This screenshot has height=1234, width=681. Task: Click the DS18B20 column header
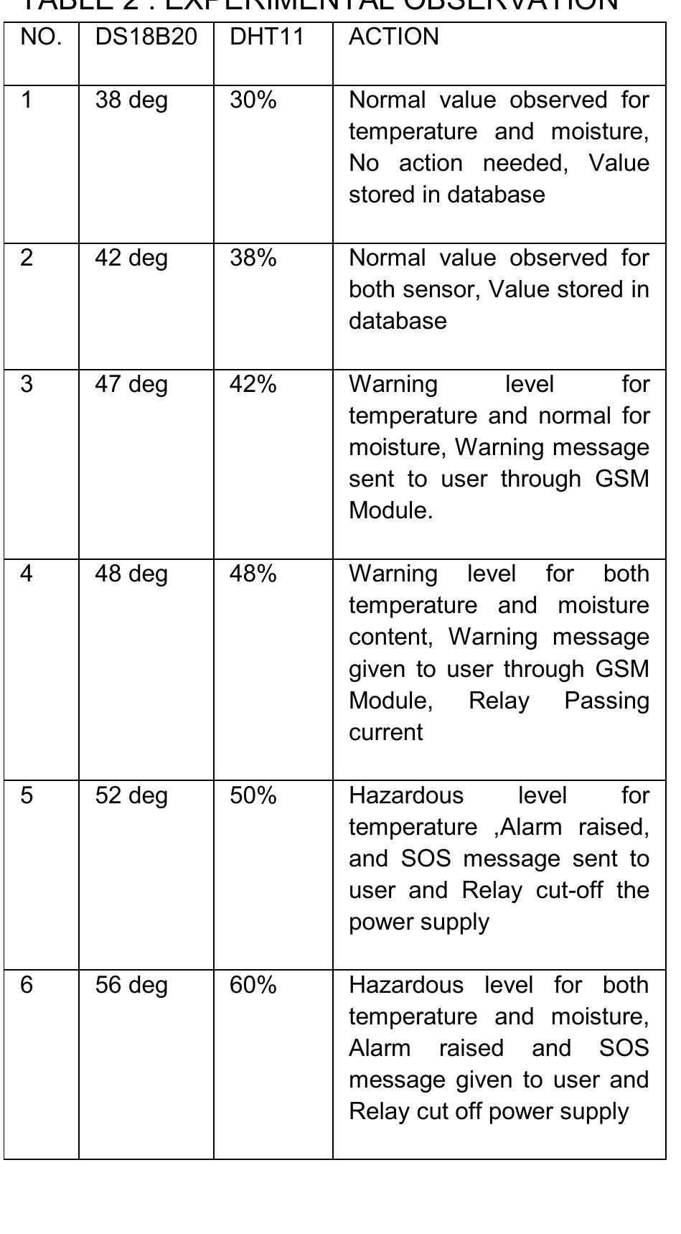coord(146,37)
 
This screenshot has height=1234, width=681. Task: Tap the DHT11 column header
coord(267,37)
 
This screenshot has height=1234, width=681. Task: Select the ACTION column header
coord(393,37)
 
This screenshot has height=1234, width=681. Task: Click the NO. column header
coord(41,37)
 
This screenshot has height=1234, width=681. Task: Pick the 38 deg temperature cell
coord(131,100)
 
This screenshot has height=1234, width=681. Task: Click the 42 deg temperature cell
coord(131,258)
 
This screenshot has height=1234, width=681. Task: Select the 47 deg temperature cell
coord(131,384)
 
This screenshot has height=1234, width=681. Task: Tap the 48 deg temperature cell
coord(131,574)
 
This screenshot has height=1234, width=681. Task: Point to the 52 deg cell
coord(131,795)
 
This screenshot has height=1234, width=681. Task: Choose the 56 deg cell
coord(131,985)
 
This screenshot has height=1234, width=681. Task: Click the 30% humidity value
coord(253,100)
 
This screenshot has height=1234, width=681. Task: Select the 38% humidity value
coord(253,258)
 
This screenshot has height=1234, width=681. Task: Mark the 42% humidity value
coord(253,384)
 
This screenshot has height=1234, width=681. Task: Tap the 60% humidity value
coord(253,985)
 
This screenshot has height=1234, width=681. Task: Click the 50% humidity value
coord(253,795)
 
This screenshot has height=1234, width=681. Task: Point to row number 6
coord(27,985)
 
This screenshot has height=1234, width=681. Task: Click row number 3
coord(27,384)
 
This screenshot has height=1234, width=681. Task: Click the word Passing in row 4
coord(606,701)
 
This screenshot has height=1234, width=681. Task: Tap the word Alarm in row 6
coord(380,1048)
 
